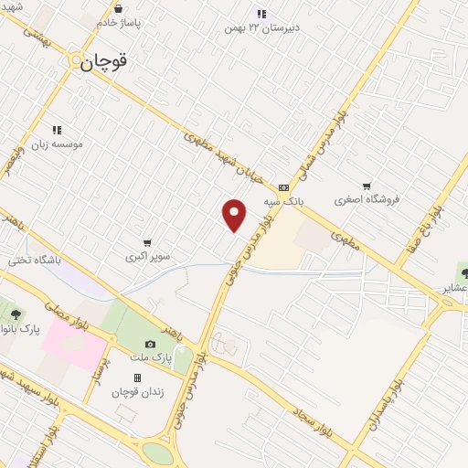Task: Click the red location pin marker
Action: click(235, 215)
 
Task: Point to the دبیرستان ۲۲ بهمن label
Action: click(262, 27)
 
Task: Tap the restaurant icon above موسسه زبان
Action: click(57, 130)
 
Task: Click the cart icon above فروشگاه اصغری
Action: click(367, 186)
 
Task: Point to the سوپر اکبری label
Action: click(149, 257)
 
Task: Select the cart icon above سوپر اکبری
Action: click(148, 243)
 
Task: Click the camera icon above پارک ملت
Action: click(151, 343)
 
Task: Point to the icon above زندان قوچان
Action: click(137, 378)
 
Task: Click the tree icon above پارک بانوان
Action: click(16, 315)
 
